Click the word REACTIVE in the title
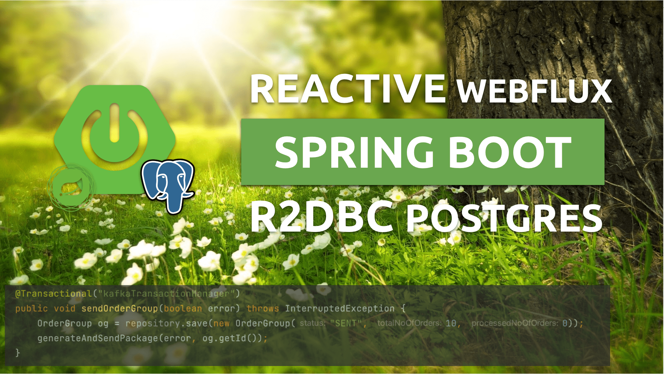pos(348,89)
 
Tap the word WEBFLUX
pos(535,91)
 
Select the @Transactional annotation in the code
pos(54,293)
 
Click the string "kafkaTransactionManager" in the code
pos(167,293)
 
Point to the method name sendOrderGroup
pos(120,308)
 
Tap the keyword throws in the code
pos(263,308)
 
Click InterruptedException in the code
pos(340,308)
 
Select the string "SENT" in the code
pos(346,323)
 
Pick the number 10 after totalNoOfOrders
pos(451,323)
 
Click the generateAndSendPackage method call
pos(98,338)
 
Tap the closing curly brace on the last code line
pos(18,353)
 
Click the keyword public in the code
pos(32,309)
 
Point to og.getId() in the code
pos(230,338)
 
